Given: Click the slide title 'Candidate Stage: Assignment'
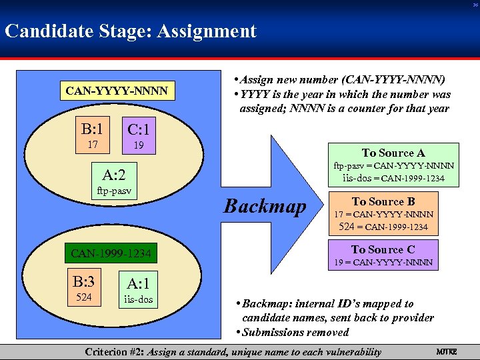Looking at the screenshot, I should pyautogui.click(x=131, y=31).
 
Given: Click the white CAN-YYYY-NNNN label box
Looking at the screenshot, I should pyautogui.click(x=116, y=90).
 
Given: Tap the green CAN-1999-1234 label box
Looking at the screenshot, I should pyautogui.click(x=111, y=253).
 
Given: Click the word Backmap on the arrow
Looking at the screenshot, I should pyautogui.click(x=265, y=206).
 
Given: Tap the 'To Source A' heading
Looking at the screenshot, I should pyautogui.click(x=393, y=153).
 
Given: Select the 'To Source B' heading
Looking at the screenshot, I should pyautogui.click(x=383, y=201).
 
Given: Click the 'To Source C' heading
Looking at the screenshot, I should pyautogui.click(x=383, y=249).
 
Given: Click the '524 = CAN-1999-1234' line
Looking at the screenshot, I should pyautogui.click(x=384, y=227).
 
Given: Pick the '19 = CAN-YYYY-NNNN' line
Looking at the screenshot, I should pyautogui.click(x=384, y=263).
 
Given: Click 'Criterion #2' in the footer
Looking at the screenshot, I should pyautogui.click(x=115, y=352).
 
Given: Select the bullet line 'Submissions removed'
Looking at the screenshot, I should pyautogui.click(x=295, y=332).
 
